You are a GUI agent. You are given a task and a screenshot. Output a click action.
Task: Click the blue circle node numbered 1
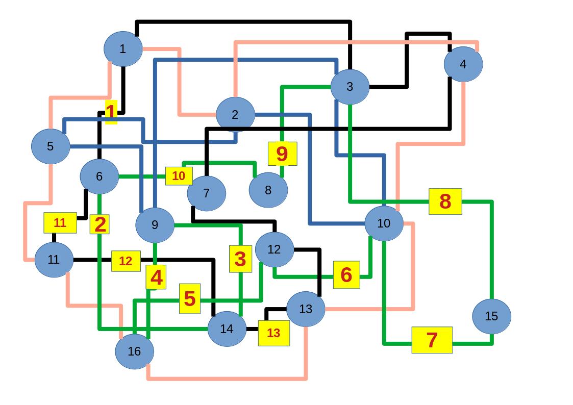[x=122, y=49]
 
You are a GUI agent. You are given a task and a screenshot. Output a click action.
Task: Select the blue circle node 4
[x=463, y=64]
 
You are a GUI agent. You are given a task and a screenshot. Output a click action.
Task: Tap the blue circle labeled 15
[x=491, y=316]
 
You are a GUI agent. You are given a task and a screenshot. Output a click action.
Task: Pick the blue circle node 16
[x=134, y=351]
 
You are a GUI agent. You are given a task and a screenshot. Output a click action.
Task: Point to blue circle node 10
[x=384, y=223]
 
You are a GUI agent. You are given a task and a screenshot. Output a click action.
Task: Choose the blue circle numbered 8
[x=268, y=190]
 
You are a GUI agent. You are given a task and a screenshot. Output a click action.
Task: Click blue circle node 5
[x=51, y=146]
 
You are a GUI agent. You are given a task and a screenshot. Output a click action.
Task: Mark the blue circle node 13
[x=306, y=309]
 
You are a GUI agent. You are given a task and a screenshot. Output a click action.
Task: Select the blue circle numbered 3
[x=350, y=87]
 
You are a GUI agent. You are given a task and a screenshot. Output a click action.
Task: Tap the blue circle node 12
[x=275, y=249]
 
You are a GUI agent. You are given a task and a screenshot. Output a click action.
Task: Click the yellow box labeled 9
[x=282, y=154]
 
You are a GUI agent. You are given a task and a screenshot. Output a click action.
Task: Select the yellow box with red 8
[x=445, y=201]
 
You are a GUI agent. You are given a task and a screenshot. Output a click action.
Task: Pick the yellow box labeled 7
[x=432, y=340]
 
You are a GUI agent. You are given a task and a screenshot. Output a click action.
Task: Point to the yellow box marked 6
[x=346, y=274]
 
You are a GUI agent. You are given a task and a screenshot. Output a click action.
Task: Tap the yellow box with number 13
[x=273, y=333]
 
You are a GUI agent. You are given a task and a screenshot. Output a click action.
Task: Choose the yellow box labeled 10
[x=179, y=176]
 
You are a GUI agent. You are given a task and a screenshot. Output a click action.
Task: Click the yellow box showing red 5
[x=190, y=298]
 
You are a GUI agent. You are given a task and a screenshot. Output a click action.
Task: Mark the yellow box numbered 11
[x=60, y=223]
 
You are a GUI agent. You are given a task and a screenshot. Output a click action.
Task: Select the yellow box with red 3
[x=240, y=259]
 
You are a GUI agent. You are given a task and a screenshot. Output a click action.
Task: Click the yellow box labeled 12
[x=126, y=261]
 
